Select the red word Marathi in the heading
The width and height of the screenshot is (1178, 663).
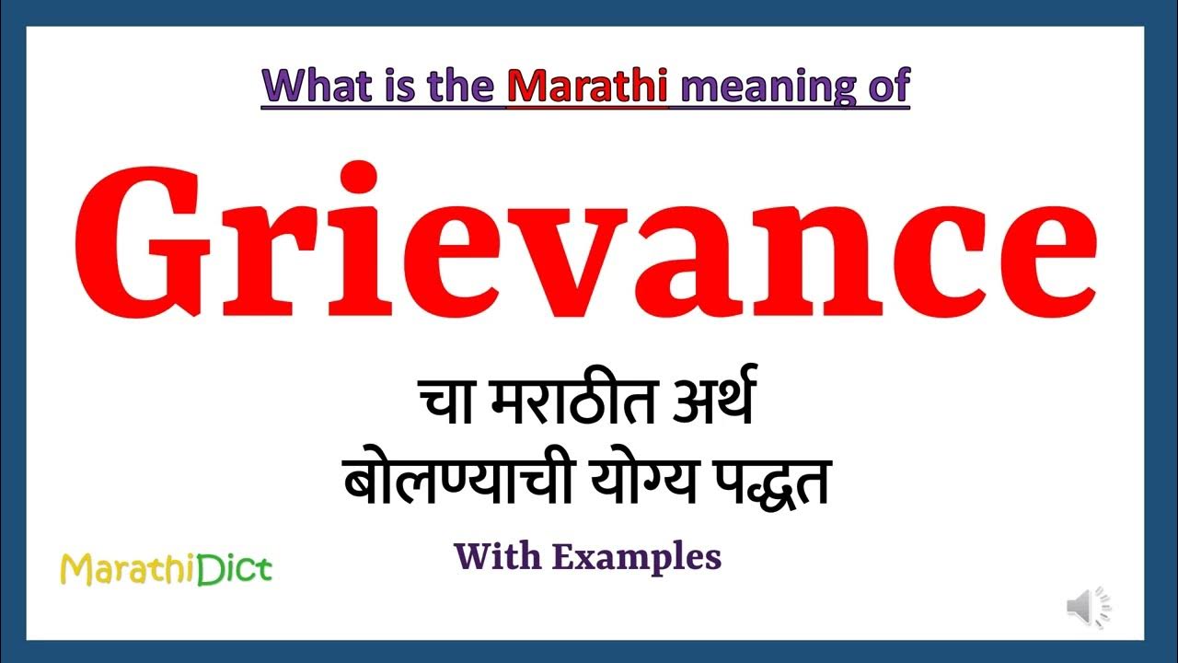click(586, 86)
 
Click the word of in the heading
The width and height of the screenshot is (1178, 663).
click(887, 86)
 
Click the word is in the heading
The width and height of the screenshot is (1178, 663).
click(388, 86)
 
